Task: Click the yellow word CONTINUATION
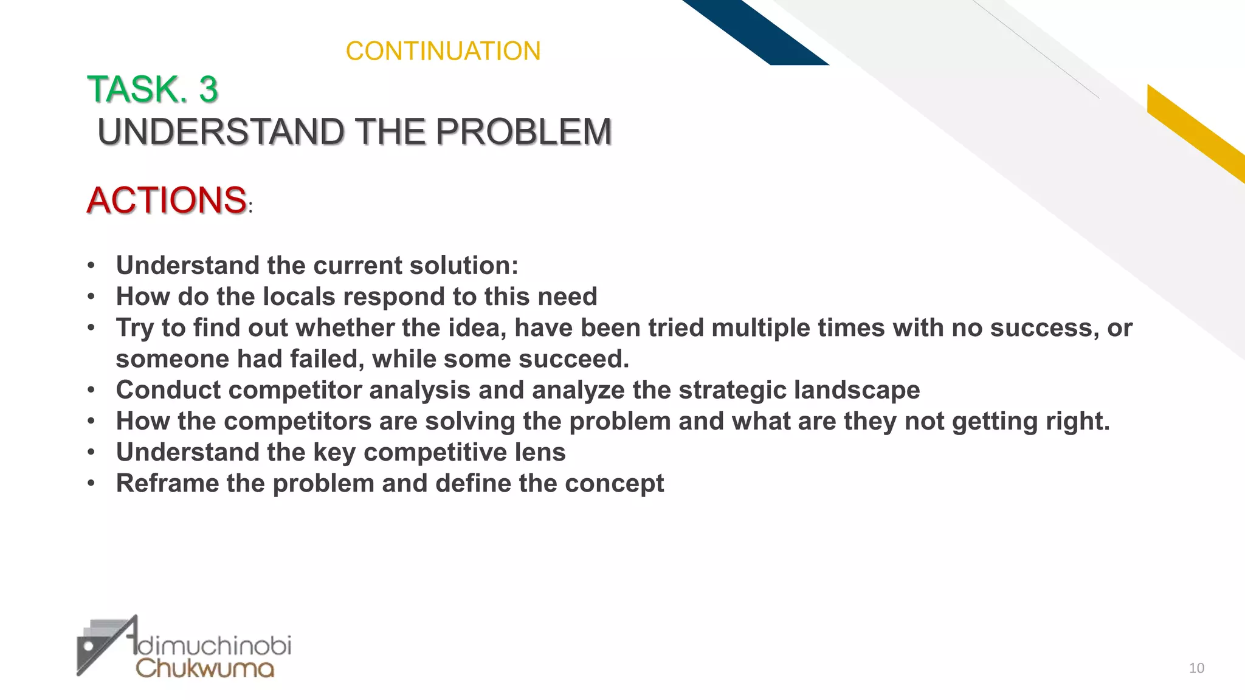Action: (443, 51)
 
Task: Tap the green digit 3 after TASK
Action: (208, 89)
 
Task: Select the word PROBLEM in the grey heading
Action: (523, 132)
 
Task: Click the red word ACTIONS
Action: (167, 200)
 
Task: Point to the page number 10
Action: (1196, 668)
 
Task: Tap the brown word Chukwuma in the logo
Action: (205, 668)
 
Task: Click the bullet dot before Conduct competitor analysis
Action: (91, 390)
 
